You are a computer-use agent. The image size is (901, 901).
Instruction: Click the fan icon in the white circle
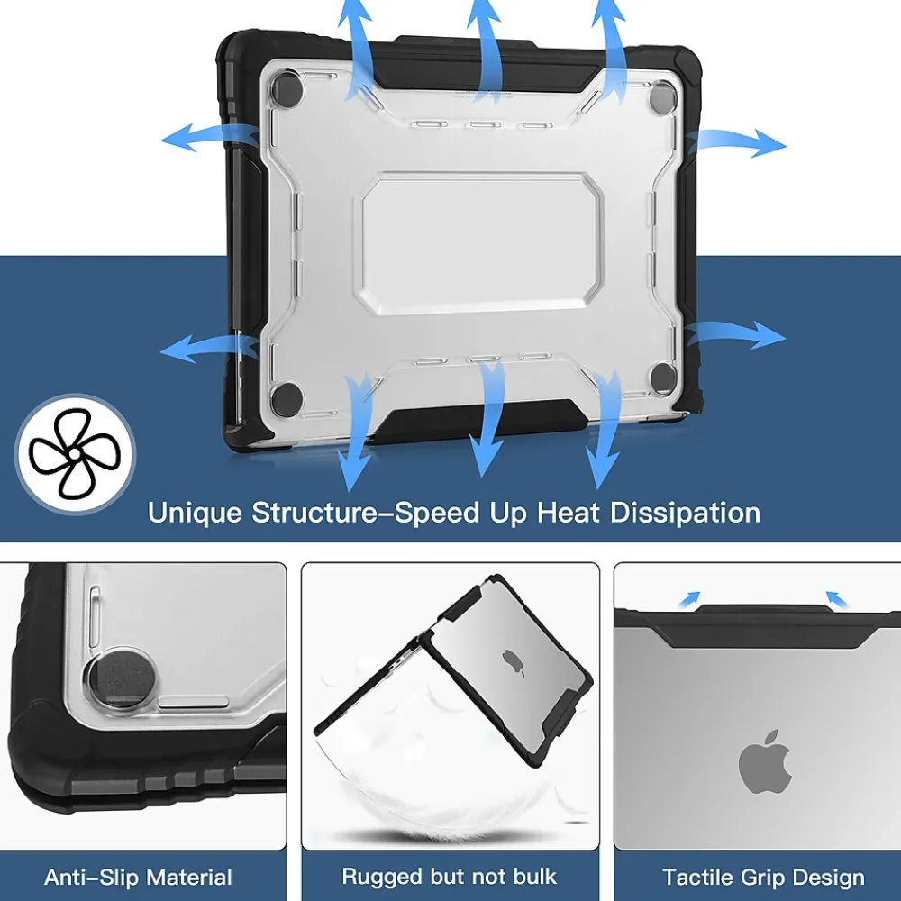(75, 453)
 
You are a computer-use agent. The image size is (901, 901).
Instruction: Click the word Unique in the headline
(195, 513)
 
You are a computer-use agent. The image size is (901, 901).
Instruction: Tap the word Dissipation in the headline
(685, 513)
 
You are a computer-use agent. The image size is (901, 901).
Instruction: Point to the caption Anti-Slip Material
(138, 877)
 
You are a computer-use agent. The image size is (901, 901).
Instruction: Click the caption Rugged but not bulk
(450, 877)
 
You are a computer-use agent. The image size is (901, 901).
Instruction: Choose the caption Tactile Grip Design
(764, 878)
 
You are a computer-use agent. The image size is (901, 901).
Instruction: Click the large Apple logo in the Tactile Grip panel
(765, 762)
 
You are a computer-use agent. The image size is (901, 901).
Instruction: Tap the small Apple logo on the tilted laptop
(514, 663)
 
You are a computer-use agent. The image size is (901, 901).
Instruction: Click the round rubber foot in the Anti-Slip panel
(122, 677)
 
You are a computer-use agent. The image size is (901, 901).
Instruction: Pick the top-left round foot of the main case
(287, 87)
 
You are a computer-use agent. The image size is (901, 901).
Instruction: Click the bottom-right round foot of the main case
(662, 377)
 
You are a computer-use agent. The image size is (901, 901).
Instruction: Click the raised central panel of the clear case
(480, 244)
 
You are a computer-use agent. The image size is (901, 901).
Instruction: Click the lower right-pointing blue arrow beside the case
(735, 334)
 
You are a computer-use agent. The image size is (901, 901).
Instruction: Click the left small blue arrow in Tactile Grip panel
(689, 599)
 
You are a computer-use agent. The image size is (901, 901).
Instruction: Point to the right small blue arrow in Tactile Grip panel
(837, 599)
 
